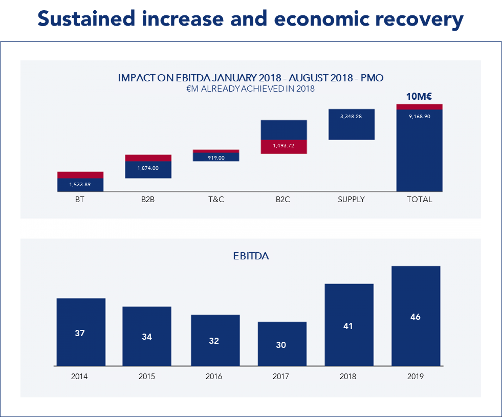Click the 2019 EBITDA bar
416,316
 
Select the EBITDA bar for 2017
282,344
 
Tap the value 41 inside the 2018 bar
349,326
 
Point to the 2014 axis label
79,377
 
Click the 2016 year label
214,377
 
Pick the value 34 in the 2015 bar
147,337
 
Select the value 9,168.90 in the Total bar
419,117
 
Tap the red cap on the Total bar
419,106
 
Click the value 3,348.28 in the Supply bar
351,117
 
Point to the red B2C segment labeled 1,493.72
283,146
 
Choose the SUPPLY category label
351,200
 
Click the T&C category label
215,200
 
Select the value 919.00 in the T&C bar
215,158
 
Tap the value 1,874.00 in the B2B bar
148,168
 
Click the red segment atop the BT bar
80,175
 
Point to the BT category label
79,200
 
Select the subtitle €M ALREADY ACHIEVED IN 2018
250,89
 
